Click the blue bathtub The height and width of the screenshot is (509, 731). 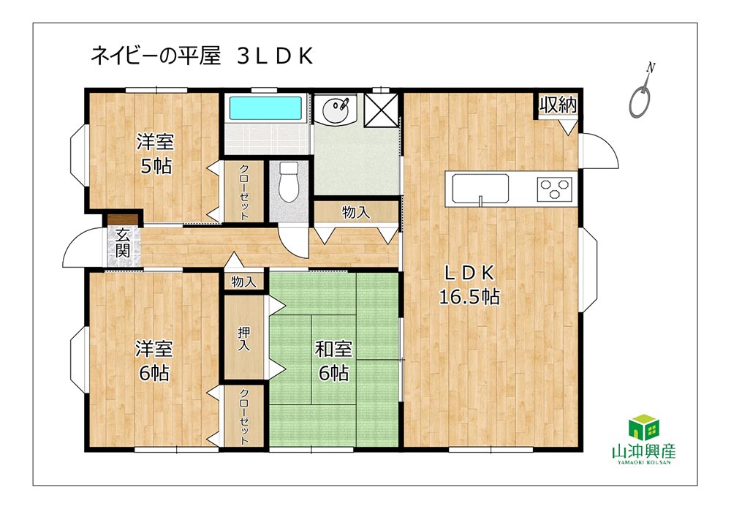click(265, 109)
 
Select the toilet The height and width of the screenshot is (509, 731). click(288, 181)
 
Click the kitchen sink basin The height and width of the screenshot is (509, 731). click(480, 189)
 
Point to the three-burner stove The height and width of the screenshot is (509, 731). click(555, 189)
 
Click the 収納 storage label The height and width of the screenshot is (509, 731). click(558, 105)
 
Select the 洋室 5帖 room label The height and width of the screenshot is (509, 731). click(155, 154)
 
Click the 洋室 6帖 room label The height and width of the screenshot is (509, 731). click(154, 361)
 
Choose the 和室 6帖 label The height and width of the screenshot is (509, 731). click(333, 361)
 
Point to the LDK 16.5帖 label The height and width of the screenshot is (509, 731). click(469, 284)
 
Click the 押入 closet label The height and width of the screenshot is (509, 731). click(244, 339)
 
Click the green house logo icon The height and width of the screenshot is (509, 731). click(644, 427)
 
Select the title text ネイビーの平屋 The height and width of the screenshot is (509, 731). click(155, 56)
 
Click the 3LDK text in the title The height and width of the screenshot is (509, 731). click(275, 56)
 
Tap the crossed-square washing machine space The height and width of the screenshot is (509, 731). click(381, 110)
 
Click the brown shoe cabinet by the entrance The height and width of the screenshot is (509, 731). click(123, 219)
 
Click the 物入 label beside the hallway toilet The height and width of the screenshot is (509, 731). click(356, 212)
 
